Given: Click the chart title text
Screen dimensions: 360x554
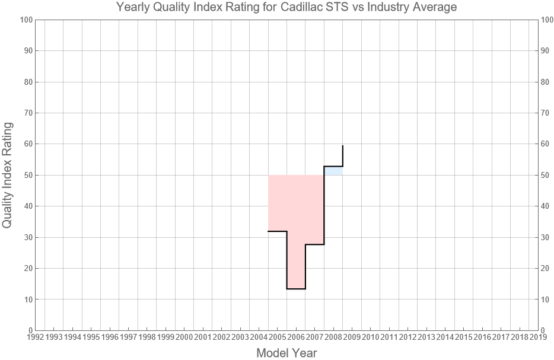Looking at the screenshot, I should coord(286,8).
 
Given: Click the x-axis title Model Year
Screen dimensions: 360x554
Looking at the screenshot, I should coord(286,353).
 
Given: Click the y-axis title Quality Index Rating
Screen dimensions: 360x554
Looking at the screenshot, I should coord(8,175).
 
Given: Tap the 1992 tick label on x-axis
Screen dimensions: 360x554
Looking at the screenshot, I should coord(35,337).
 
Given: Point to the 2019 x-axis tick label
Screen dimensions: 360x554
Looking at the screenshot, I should coord(538,337).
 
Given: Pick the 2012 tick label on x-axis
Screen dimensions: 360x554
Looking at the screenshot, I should coord(407,337).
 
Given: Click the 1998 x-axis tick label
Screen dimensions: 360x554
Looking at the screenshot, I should coord(147,337).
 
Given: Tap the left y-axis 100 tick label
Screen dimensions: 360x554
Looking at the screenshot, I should coord(25,20).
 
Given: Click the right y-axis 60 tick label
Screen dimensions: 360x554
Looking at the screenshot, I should coord(547,144).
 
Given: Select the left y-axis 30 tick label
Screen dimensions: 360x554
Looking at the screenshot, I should coord(27,237).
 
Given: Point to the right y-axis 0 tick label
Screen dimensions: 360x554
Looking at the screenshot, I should coord(545,330).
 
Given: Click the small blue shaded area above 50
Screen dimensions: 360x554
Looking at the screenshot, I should coord(333,171).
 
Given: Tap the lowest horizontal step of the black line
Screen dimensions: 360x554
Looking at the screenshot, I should coord(296,289).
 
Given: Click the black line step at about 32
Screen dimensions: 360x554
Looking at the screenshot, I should coord(278,231).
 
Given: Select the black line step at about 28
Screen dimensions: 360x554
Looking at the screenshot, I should coord(315,244).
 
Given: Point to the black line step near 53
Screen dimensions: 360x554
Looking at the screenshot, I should coord(333,166).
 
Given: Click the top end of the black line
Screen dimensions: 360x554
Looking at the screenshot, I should coord(343,146).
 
